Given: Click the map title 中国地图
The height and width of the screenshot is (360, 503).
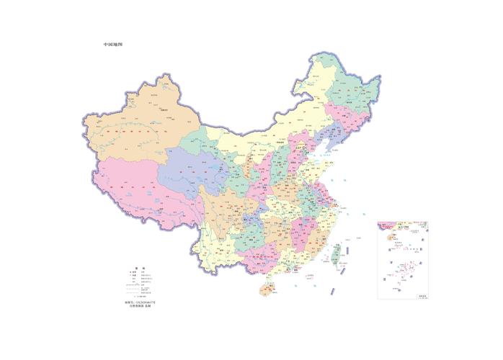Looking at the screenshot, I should (112, 45).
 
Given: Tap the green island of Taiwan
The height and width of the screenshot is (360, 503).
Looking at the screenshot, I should (334, 253).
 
